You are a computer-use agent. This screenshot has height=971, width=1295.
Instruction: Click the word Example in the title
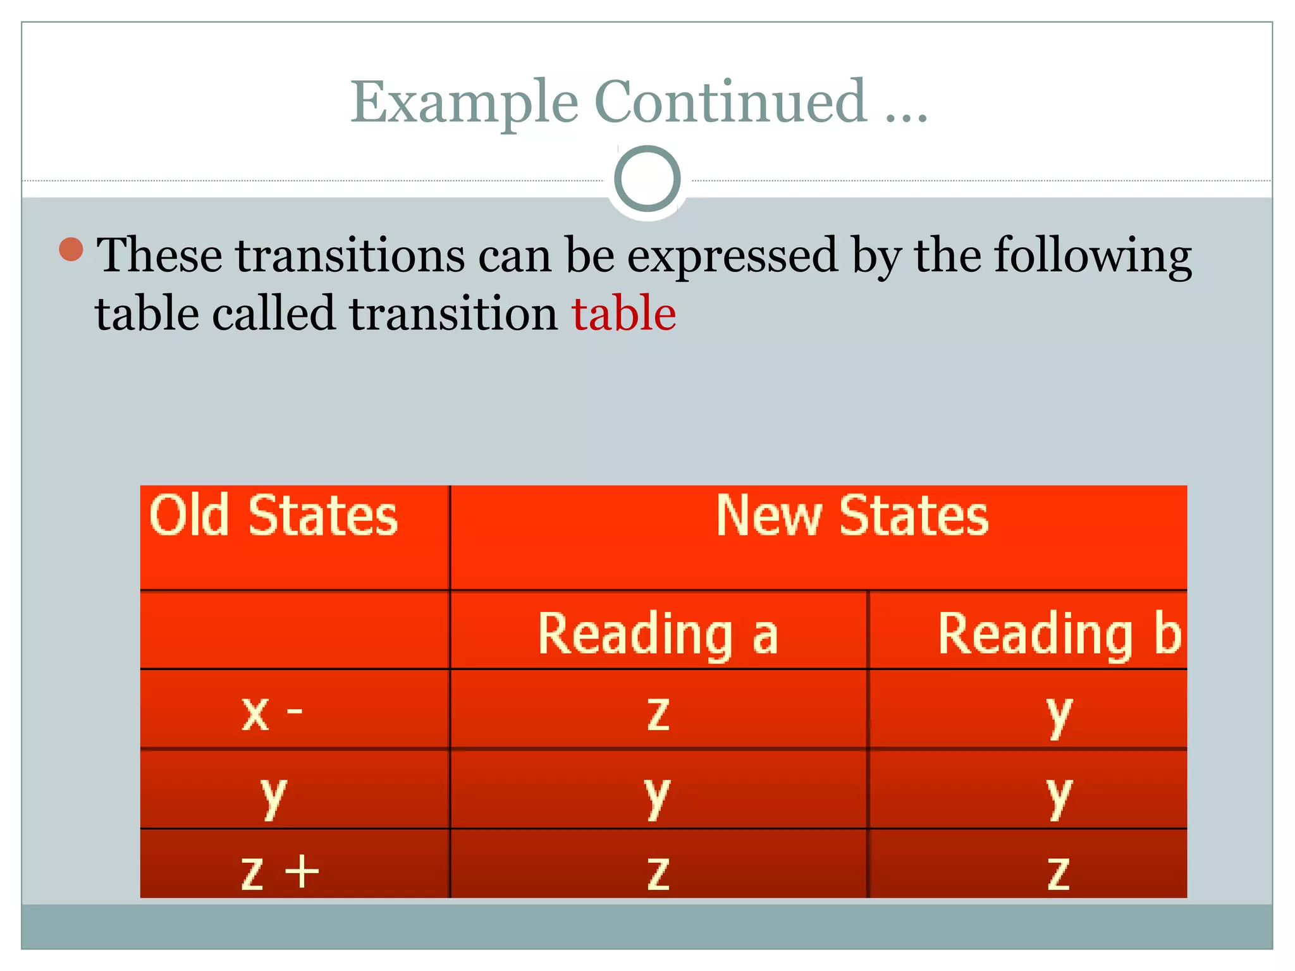pyautogui.click(x=465, y=102)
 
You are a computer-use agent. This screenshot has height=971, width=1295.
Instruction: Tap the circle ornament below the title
pyautogui.click(x=647, y=179)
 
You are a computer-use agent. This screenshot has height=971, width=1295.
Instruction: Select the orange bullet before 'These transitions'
pyautogui.click(x=71, y=249)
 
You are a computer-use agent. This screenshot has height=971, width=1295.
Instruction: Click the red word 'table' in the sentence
pyautogui.click(x=624, y=313)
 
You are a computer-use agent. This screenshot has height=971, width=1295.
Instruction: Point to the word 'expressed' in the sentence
pyautogui.click(x=732, y=255)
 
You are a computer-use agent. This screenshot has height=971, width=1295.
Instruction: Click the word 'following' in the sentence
pyautogui.click(x=1093, y=255)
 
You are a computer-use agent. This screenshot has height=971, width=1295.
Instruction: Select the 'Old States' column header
pyautogui.click(x=273, y=516)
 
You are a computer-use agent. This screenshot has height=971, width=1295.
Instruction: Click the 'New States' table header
pyautogui.click(x=852, y=516)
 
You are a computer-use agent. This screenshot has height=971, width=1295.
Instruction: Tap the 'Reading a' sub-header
pyautogui.click(x=658, y=633)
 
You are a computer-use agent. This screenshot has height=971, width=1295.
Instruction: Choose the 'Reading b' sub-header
pyautogui.click(x=1059, y=633)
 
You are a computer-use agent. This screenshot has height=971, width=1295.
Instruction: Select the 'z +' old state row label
pyautogui.click(x=279, y=872)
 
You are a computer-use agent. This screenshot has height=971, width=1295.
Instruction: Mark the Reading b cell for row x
pyautogui.click(x=1059, y=714)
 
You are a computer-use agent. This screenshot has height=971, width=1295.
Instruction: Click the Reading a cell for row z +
pyautogui.click(x=658, y=872)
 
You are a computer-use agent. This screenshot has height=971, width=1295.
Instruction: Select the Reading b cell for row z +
pyautogui.click(x=1059, y=872)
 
